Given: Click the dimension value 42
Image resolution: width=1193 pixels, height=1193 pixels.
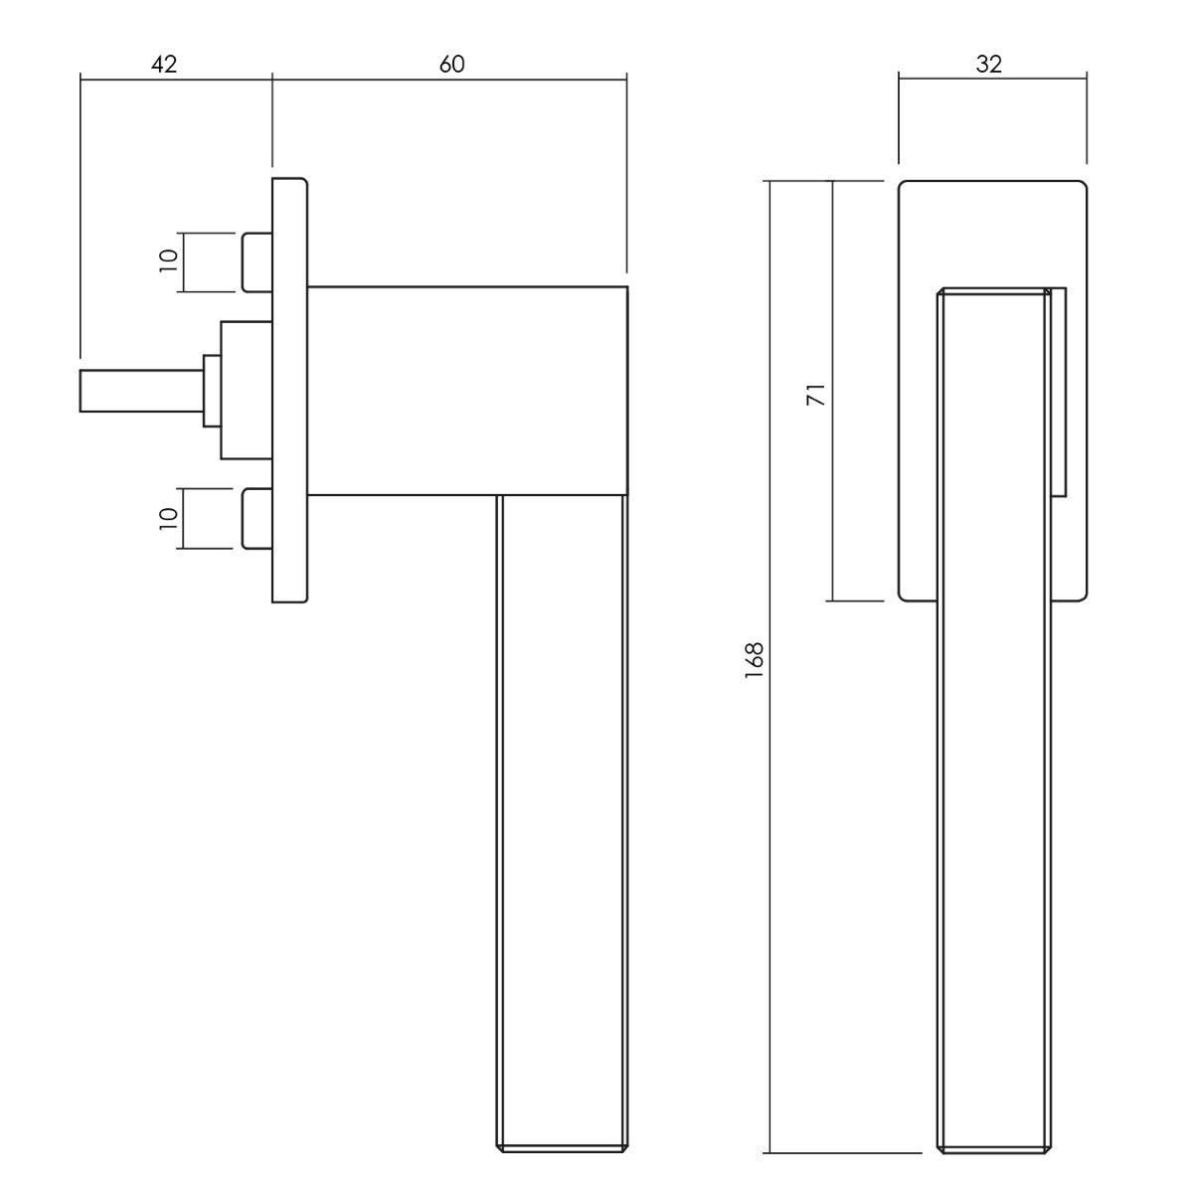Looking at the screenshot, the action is point(164,65).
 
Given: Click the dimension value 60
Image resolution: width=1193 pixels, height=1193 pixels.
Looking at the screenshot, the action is point(452,65).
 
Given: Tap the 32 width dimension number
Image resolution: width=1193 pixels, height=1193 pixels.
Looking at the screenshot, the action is point(988,65).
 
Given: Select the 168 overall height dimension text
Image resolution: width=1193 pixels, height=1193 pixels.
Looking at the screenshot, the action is point(754,660).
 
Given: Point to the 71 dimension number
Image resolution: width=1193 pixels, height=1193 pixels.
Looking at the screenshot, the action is point(816,395).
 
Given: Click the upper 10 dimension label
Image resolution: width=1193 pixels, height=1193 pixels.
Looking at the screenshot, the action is point(168,260).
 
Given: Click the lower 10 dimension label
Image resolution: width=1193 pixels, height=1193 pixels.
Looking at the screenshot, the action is point(168,518).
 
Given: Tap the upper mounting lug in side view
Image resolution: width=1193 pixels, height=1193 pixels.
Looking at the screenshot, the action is point(256,261).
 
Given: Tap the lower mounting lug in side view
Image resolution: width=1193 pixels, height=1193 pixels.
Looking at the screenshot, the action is point(256,518).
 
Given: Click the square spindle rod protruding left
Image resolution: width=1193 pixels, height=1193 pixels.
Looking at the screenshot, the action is point(142,391).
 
